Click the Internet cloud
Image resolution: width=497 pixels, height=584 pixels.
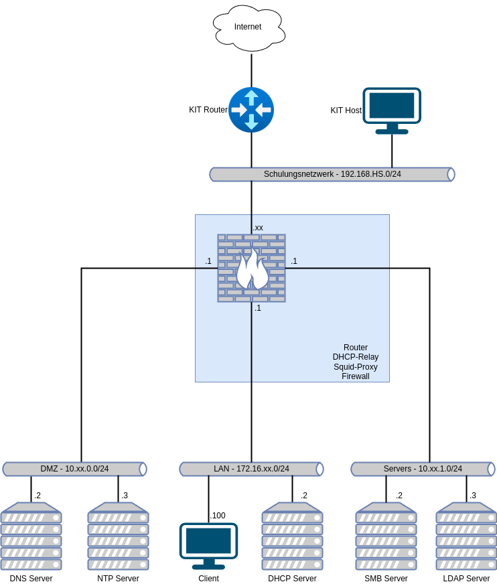pos(248,27)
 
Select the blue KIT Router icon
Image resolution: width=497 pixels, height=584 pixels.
pos(251,109)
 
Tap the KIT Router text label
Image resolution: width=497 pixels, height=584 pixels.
pos(208,110)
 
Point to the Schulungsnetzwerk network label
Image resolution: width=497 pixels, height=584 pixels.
pos(332,174)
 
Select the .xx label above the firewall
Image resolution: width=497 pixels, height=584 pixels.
pos(258,228)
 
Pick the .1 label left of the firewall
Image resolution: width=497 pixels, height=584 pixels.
pos(208,261)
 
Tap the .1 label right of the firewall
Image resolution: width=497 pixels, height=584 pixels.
pos(293,261)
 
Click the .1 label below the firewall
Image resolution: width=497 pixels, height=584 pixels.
pos(257,308)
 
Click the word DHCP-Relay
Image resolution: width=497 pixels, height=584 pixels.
pos(356,357)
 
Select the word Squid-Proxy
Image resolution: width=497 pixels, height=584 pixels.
pos(356,367)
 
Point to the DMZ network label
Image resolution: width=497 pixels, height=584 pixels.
pos(74,469)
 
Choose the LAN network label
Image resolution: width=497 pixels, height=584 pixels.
pos(251,469)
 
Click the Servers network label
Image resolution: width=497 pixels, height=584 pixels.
pos(423,469)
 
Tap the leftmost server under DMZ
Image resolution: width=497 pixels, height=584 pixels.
pos(31,536)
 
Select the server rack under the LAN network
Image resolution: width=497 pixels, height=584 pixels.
pos(292,536)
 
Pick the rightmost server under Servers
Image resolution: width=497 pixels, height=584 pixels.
pos(466,536)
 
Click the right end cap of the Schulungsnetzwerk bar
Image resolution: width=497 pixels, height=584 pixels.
pos(451,174)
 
